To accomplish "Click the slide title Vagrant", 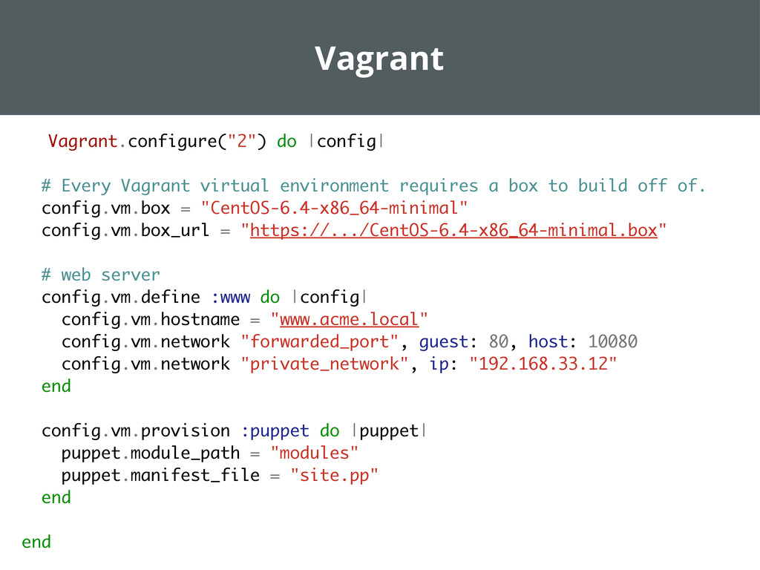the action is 379,59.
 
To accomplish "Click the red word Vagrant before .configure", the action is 82,141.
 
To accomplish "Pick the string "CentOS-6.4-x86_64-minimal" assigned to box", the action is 335,208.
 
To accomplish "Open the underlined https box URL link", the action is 453,231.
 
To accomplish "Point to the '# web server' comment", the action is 100,275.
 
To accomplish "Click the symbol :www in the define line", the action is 230,298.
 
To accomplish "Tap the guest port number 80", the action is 499,342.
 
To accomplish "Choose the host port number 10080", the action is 612,342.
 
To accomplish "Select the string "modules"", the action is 315,453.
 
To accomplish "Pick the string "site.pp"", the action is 334,476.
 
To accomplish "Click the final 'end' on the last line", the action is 36,543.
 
